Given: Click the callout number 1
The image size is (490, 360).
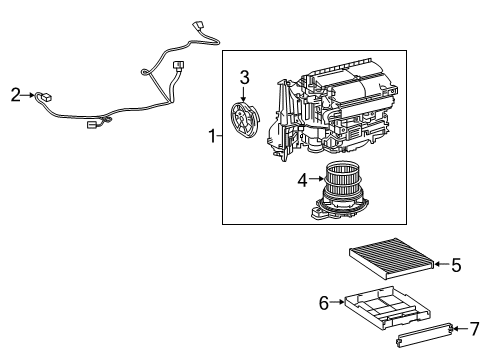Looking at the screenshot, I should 210,135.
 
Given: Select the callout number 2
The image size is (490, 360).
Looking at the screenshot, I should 15,95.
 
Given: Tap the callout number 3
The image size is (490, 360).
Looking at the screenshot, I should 243,76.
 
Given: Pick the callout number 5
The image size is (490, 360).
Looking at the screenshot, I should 455,265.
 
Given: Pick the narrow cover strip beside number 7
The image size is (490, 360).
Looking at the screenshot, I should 424,334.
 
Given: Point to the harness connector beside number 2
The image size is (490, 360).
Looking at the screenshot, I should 44,97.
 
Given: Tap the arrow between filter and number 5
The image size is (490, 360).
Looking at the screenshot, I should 441,265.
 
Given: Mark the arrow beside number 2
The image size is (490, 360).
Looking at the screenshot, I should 28,95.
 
